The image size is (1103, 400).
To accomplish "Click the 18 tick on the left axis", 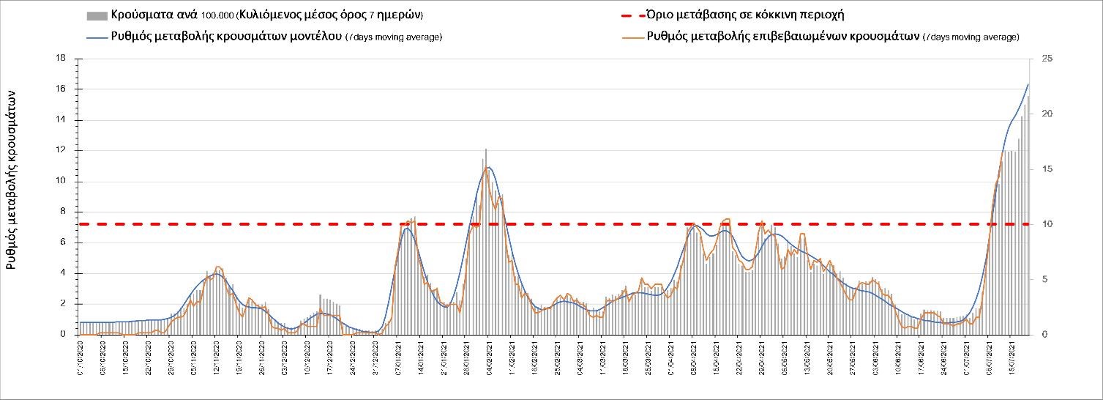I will coord(62,59).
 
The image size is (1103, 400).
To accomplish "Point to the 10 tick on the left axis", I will coord(62,182).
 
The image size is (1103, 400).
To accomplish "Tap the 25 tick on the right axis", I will coord(1045,59).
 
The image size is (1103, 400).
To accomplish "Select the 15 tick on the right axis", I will coord(1045,169).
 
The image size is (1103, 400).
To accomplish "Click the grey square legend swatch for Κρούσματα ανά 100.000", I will coord(96,15).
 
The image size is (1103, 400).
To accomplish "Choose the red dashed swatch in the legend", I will coord(627,15).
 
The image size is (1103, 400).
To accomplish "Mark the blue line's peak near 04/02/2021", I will coord(488,167).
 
